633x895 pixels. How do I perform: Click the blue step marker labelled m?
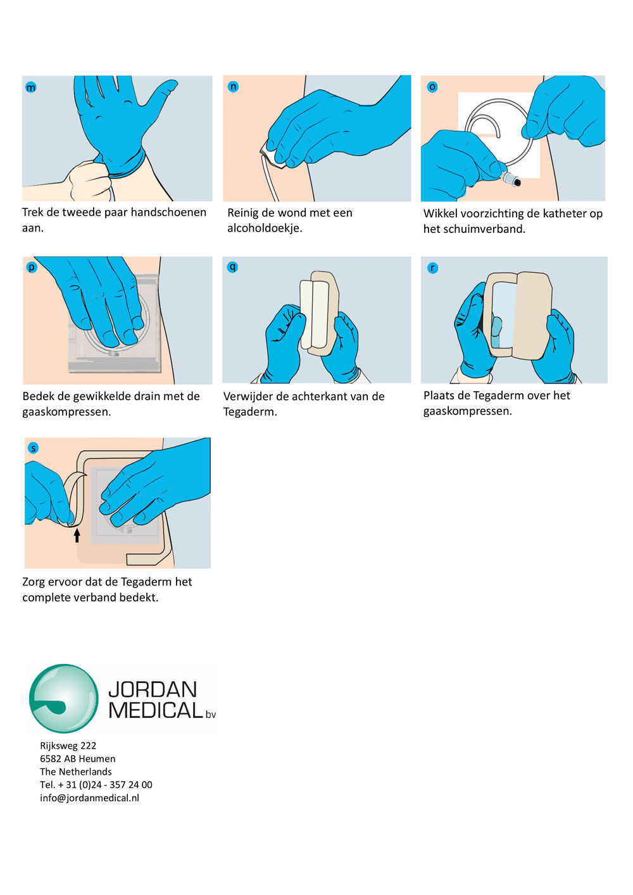[x=30, y=87]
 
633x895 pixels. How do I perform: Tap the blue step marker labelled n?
[x=233, y=87]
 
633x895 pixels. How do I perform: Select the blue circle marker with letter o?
[x=432, y=87]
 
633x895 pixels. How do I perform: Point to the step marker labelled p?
[x=32, y=267]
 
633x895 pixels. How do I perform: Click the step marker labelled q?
[x=232, y=267]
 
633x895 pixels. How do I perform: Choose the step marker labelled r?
[x=432, y=268]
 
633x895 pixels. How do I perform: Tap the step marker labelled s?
[x=34, y=448]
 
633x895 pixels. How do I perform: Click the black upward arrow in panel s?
[x=77, y=535]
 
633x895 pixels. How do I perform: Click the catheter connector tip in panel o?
[x=516, y=182]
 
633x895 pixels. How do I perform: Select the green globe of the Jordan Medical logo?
[x=64, y=698]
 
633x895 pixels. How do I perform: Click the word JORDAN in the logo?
[x=153, y=689]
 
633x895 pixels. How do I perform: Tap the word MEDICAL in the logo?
[x=156, y=711]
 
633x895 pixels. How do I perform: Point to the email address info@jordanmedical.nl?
[x=89, y=798]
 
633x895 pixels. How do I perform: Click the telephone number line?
[x=96, y=785]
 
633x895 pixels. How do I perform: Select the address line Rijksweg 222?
[x=68, y=746]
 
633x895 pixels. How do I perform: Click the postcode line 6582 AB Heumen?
[x=78, y=759]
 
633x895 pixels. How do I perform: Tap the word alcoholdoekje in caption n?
[x=265, y=228]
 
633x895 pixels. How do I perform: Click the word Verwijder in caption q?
[x=248, y=397]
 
